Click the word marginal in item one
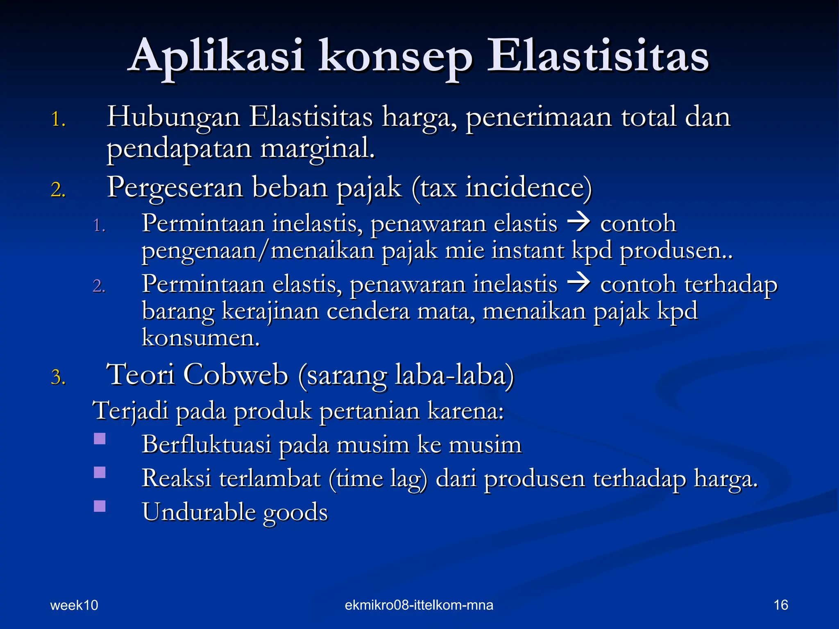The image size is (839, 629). pyautogui.click(x=317, y=149)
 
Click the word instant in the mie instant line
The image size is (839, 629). pyautogui.click(x=528, y=250)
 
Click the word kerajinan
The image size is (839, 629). pyautogui.click(x=270, y=311)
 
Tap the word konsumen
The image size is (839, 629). pyautogui.click(x=201, y=338)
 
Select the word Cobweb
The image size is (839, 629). pyautogui.click(x=236, y=374)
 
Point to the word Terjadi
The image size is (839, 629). pyautogui.click(x=131, y=411)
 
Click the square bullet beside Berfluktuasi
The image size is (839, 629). pyautogui.click(x=100, y=439)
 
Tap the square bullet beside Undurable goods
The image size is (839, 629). pyautogui.click(x=100, y=507)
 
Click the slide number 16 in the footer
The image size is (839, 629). pyautogui.click(x=781, y=605)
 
